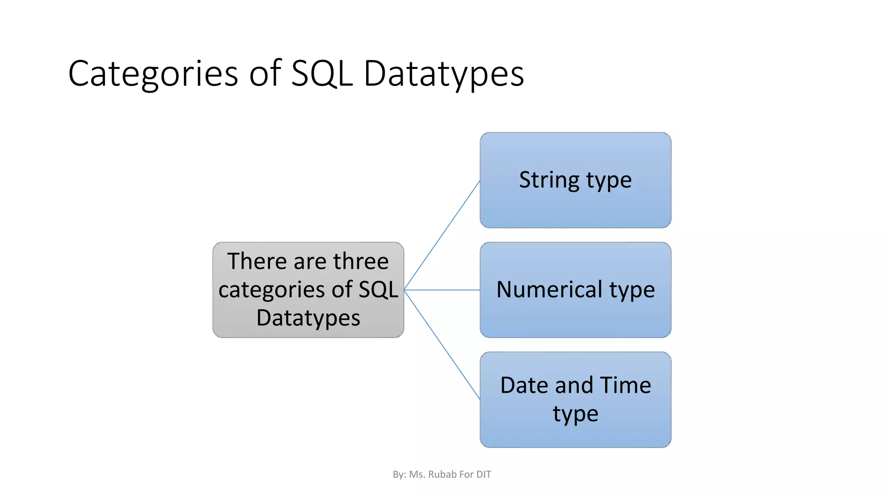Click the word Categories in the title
click(x=153, y=73)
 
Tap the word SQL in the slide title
click(x=322, y=73)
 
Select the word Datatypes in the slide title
click(x=444, y=73)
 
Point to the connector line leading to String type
click(x=442, y=235)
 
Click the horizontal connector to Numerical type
click(x=442, y=290)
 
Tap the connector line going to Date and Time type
click(x=442, y=345)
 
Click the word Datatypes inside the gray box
click(x=308, y=318)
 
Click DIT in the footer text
click(x=483, y=475)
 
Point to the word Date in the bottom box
click(x=525, y=385)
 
